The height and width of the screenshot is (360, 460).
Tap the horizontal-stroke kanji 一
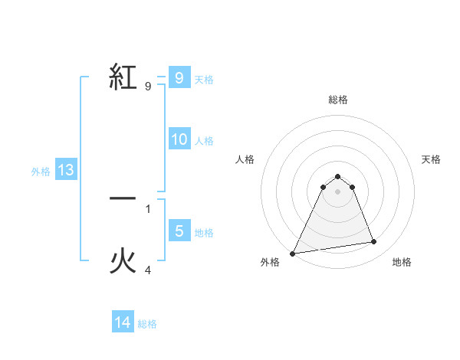[x=123, y=198]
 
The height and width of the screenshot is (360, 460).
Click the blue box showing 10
[x=179, y=139]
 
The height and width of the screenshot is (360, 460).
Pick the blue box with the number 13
[x=66, y=171]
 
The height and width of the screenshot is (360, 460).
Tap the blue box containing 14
[x=123, y=323]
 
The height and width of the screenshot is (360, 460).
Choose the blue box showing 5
[x=179, y=231]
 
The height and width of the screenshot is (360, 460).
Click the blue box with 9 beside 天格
[x=179, y=78]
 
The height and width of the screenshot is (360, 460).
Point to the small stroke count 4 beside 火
[x=149, y=270]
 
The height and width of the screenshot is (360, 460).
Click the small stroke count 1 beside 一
[x=148, y=208]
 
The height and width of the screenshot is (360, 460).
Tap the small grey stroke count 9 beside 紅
[x=148, y=87]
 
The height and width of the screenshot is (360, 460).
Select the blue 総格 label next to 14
[x=147, y=324]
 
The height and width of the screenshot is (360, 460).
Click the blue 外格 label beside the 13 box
[x=41, y=172]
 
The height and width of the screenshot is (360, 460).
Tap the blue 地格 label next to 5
[x=204, y=232]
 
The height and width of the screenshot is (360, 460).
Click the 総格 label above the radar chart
[x=337, y=100]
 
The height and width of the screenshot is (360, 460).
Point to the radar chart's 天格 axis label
[x=431, y=159]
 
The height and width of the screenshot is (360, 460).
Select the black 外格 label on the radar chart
[x=270, y=262]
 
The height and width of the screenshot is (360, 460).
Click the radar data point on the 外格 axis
[x=293, y=253]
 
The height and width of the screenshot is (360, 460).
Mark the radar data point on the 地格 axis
[x=374, y=242]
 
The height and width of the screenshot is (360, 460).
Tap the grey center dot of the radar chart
[x=337, y=191]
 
